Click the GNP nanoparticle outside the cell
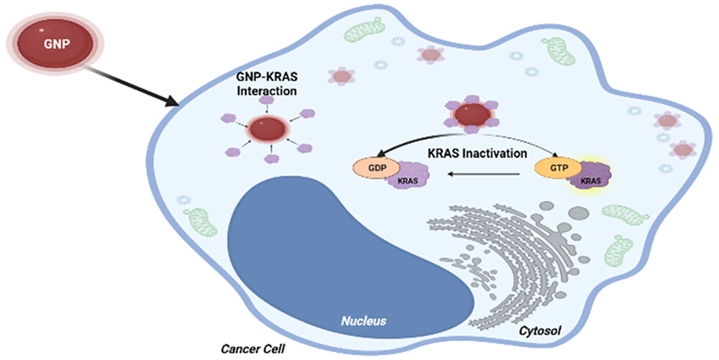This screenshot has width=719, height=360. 55,44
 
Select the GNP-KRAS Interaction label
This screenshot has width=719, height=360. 267,83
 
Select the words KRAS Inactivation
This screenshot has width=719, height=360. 477,153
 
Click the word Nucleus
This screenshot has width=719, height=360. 363,320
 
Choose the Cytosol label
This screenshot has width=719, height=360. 540,330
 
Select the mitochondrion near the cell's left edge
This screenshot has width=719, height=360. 199,222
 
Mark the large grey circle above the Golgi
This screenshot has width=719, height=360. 579,212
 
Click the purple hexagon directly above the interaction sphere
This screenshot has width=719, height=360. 267,99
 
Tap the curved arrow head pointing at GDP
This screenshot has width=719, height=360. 379,156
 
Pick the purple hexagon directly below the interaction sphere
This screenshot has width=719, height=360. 273,159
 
